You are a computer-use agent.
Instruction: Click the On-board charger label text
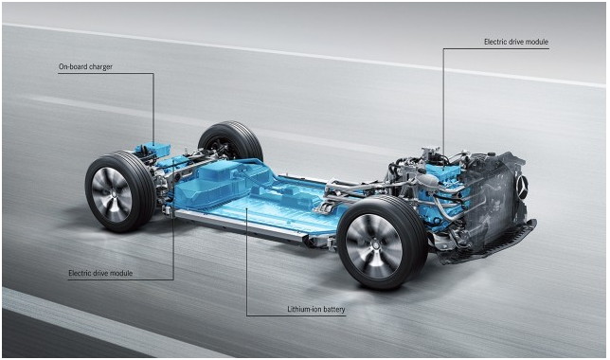click(85, 66)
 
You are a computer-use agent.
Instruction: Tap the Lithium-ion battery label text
click(316, 310)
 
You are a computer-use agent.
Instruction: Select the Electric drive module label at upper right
click(516, 42)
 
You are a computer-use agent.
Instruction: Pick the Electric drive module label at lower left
click(100, 273)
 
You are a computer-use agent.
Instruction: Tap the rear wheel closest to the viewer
click(119, 192)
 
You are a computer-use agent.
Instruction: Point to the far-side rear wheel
click(230, 141)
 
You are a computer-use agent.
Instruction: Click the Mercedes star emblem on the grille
click(521, 186)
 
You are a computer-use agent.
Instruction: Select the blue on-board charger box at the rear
click(152, 149)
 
